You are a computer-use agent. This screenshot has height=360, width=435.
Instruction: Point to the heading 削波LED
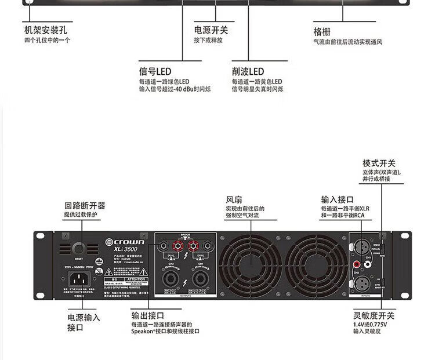[x=248, y=72]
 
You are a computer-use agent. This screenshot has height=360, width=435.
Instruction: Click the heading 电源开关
[x=211, y=30]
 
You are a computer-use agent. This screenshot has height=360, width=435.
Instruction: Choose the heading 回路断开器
[x=85, y=205]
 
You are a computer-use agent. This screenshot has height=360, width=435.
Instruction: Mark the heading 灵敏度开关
[x=374, y=316]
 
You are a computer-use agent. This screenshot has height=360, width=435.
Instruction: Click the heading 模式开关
[x=379, y=163]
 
